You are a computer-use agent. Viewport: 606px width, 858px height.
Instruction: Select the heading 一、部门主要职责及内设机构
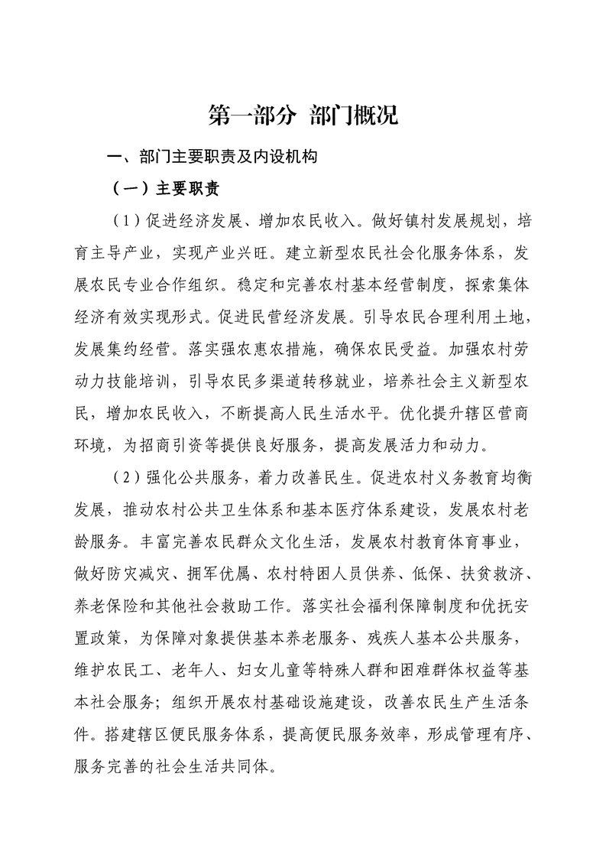212,158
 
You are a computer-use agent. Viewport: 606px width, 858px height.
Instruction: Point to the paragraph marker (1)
123,222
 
